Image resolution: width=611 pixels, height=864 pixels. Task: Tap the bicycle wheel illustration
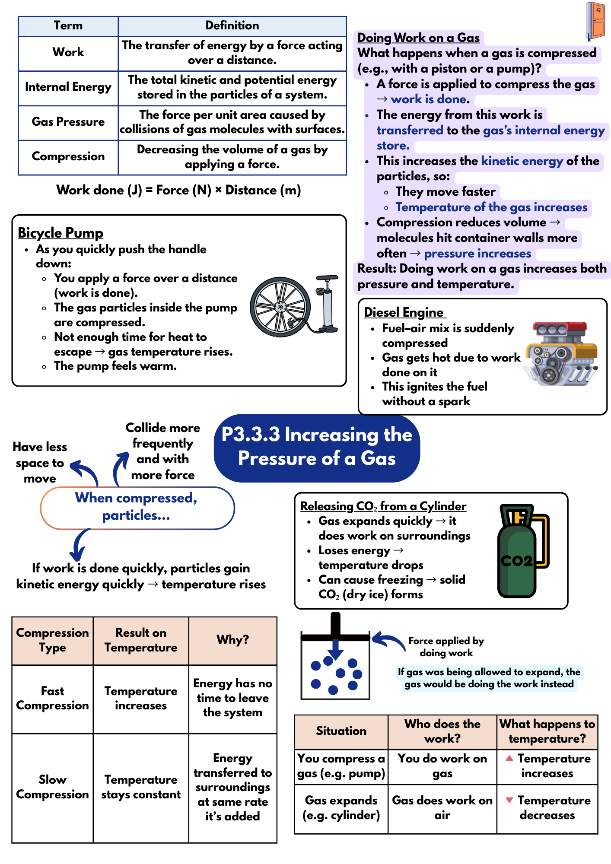pyautogui.click(x=280, y=307)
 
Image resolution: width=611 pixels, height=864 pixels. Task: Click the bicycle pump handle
pyautogui.click(x=327, y=277)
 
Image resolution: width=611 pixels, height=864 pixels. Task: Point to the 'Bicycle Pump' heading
pyautogui.click(x=60, y=233)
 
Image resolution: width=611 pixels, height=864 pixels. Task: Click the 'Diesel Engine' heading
pyautogui.click(x=404, y=312)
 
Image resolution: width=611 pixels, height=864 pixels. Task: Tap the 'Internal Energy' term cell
pyautogui.click(x=68, y=87)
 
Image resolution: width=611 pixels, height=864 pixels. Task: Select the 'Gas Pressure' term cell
pyautogui.click(x=68, y=122)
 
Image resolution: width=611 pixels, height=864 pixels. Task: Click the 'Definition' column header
pyautogui.click(x=232, y=25)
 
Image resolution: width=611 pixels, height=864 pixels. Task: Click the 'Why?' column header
pyautogui.click(x=232, y=639)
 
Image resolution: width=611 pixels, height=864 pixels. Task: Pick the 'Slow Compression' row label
pyautogui.click(x=52, y=787)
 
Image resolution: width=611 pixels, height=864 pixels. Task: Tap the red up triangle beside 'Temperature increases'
pyautogui.click(x=509, y=758)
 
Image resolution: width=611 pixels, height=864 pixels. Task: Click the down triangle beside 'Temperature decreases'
pyautogui.click(x=509, y=800)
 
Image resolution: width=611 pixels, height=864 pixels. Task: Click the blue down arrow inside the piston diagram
pyautogui.click(x=335, y=649)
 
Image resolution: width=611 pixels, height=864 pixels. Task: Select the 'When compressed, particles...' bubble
pyautogui.click(x=137, y=507)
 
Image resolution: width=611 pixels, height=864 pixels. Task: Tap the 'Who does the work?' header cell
pyautogui.click(x=442, y=731)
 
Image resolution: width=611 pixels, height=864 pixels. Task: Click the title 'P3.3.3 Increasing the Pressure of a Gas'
pyautogui.click(x=317, y=447)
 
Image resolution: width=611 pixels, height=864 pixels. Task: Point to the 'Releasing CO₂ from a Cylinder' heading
pyautogui.click(x=383, y=506)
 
